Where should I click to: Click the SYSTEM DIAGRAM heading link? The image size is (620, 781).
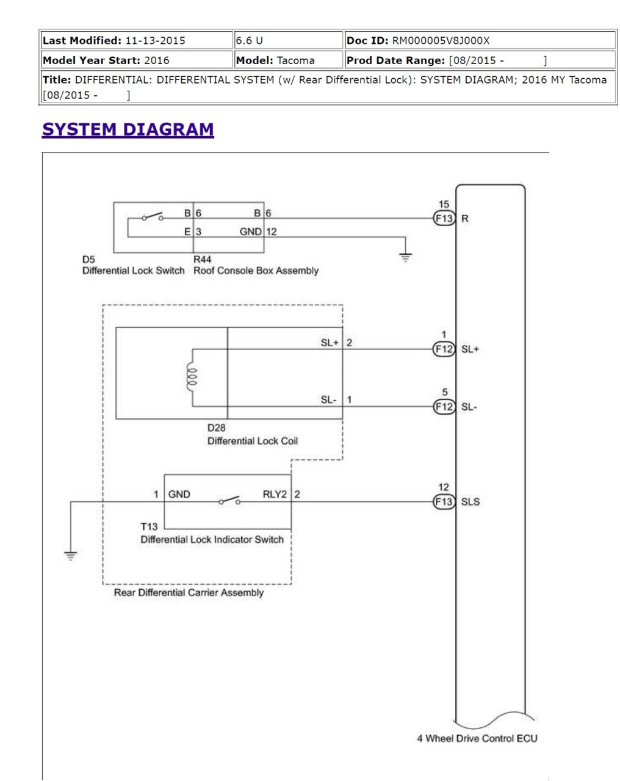tap(128, 129)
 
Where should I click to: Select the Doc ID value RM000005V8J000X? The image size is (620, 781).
tap(441, 40)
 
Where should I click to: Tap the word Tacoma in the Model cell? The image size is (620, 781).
tap(295, 60)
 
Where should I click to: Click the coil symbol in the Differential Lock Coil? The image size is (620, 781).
tap(192, 377)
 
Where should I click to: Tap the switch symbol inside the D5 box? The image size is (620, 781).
tap(153, 217)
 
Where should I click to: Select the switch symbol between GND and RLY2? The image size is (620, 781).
tap(229, 500)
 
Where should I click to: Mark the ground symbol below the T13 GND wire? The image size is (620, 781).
tap(70, 555)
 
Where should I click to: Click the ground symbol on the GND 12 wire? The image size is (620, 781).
tap(405, 257)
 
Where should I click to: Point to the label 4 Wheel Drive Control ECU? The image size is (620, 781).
tap(477, 738)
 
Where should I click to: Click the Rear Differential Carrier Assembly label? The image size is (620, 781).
tap(189, 592)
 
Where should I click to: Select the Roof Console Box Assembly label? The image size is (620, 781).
tap(256, 271)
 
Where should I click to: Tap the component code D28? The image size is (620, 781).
tap(216, 427)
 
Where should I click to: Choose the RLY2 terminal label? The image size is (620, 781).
tap(275, 494)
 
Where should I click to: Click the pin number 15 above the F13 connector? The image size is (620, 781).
tap(444, 204)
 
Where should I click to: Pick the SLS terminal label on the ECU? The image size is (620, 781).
tap(470, 501)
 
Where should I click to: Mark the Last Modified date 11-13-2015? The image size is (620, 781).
tap(155, 40)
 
